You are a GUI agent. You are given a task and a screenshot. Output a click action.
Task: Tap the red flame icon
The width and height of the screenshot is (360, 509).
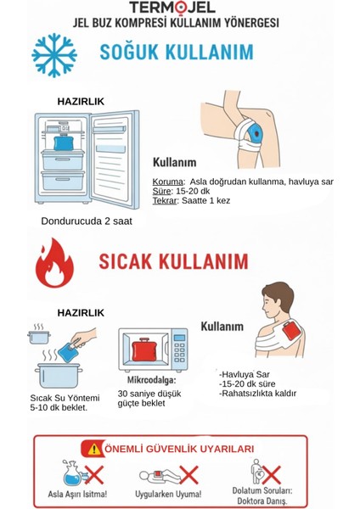55,264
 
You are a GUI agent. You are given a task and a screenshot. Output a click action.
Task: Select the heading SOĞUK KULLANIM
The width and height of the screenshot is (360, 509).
176,53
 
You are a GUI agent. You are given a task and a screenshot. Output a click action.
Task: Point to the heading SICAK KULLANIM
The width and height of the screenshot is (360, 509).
173,259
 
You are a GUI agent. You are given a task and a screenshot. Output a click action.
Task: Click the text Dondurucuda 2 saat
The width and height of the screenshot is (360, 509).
86,221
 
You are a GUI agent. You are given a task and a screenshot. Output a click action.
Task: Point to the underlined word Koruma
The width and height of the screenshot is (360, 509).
167,182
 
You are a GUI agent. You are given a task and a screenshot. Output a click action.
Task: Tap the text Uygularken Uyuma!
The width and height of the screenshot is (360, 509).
167,493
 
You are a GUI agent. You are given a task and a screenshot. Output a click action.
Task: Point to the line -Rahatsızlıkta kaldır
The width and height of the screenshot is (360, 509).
257,393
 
